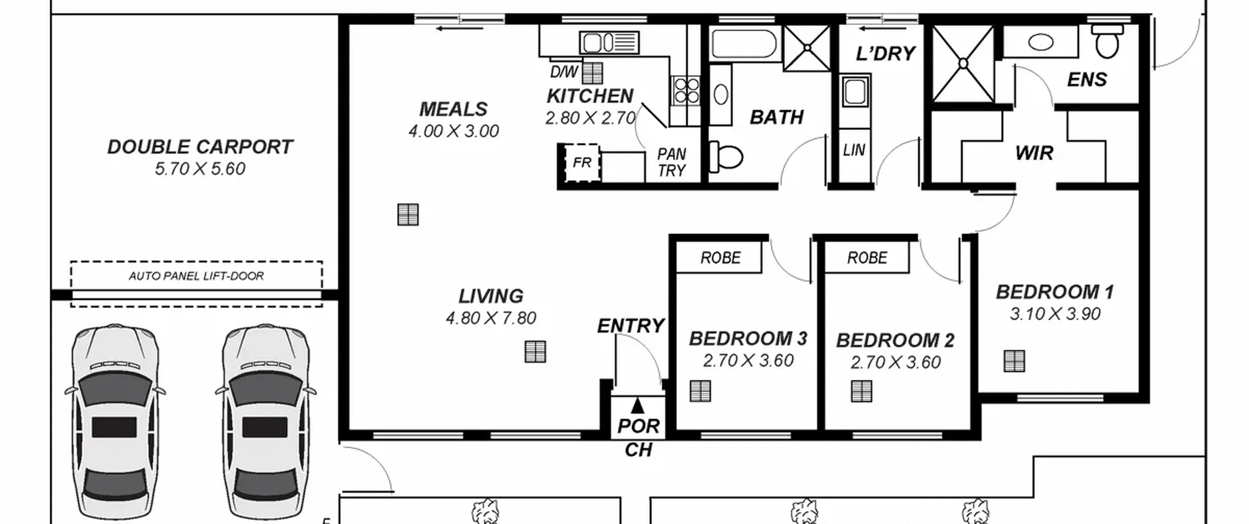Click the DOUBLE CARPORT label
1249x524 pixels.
pyautogui.click(x=200, y=147)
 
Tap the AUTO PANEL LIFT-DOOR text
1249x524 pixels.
pyautogui.click(x=196, y=276)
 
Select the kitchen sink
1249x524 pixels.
pyautogui.click(x=609, y=42)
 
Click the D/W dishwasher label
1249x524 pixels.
pyautogui.click(x=564, y=72)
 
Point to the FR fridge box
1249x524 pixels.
pyautogui.click(x=582, y=162)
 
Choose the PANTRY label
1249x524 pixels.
pyautogui.click(x=672, y=162)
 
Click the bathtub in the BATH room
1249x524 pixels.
pyautogui.click(x=744, y=44)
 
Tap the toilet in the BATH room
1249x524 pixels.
pyautogui.click(x=725, y=157)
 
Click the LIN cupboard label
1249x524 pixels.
pyautogui.click(x=854, y=150)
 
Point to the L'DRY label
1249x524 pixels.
pyautogui.click(x=886, y=54)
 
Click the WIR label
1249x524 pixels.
pyautogui.click(x=1034, y=153)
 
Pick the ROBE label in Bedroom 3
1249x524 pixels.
pyautogui.click(x=721, y=257)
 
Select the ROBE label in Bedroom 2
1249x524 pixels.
pyautogui.click(x=867, y=257)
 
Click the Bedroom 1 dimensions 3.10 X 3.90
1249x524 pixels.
pyautogui.click(x=1055, y=314)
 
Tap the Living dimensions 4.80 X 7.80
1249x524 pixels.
pyautogui.click(x=491, y=318)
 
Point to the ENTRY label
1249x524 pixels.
pyautogui.click(x=631, y=326)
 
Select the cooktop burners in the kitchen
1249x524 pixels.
pyautogui.click(x=686, y=91)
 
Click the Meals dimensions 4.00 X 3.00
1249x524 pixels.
pyautogui.click(x=454, y=131)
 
